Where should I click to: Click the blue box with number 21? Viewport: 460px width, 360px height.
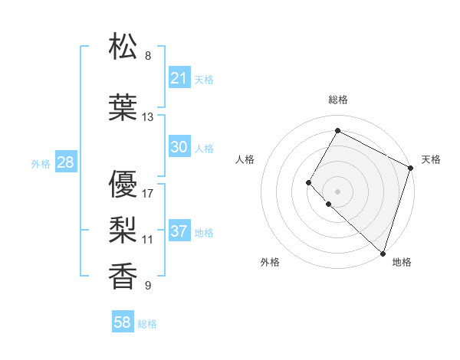pyautogui.click(x=179, y=78)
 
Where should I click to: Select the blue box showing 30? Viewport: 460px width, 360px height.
pyautogui.click(x=179, y=147)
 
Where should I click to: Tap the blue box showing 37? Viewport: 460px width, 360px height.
pyautogui.click(x=179, y=231)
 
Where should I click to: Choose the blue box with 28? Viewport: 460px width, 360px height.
pyautogui.click(x=65, y=162)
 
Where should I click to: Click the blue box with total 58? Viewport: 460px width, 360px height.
pyautogui.click(x=123, y=322)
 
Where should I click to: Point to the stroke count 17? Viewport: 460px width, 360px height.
pyautogui.click(x=148, y=193)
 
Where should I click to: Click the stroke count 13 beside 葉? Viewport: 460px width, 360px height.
pyautogui.click(x=148, y=117)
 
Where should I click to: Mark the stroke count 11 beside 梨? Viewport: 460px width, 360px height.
pyautogui.click(x=148, y=239)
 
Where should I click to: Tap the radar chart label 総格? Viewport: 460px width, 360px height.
pyautogui.click(x=337, y=100)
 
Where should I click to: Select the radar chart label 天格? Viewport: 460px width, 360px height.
pyautogui.click(x=431, y=159)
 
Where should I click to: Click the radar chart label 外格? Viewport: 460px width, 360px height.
pyautogui.click(x=270, y=262)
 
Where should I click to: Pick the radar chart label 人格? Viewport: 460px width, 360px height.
pyautogui.click(x=245, y=159)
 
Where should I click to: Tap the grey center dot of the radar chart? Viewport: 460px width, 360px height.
pyautogui.click(x=337, y=191)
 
